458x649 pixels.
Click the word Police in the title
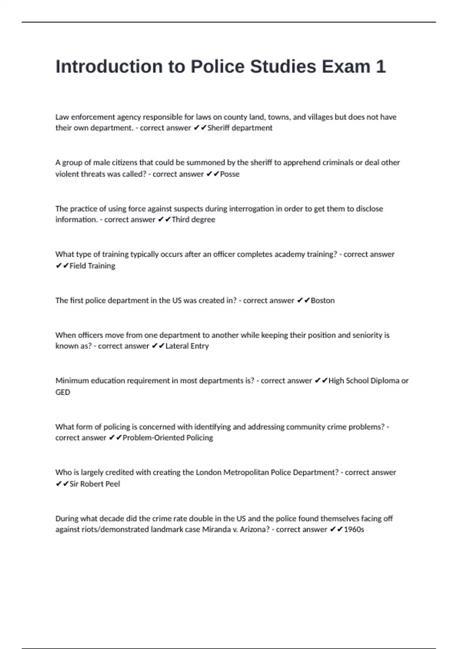tap(217, 67)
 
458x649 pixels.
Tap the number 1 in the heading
tap(381, 67)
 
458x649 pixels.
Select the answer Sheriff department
tap(240, 128)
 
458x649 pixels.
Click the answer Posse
tap(230, 174)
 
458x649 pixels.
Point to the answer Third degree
tap(194, 220)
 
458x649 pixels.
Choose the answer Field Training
tap(92, 266)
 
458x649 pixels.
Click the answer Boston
tap(323, 300)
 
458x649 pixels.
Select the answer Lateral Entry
tap(187, 346)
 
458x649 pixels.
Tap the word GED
tap(63, 392)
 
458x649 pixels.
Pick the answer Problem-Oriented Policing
tap(168, 438)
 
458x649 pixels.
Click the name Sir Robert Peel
tap(95, 484)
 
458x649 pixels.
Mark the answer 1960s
tap(354, 530)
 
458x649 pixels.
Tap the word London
tap(208, 472)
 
